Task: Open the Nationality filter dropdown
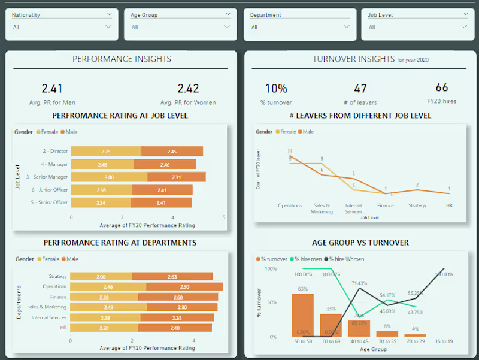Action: point(62,27)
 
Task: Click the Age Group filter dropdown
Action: point(180,27)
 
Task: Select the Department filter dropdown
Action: point(300,27)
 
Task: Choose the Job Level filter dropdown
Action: point(417,27)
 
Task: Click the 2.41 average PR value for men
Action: point(52,89)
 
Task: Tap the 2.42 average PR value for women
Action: point(188,89)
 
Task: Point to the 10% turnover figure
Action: point(276,89)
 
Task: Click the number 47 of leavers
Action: point(360,89)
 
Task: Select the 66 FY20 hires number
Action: point(442,87)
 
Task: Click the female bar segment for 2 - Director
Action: point(106,152)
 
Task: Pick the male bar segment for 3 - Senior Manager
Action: point(177,177)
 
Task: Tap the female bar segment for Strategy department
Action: point(101,276)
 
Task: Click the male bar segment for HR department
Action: point(175,328)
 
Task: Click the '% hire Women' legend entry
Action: point(346,259)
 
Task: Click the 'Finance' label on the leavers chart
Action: point(386,205)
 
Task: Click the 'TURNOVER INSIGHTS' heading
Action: point(353,59)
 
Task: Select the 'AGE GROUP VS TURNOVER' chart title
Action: point(360,243)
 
